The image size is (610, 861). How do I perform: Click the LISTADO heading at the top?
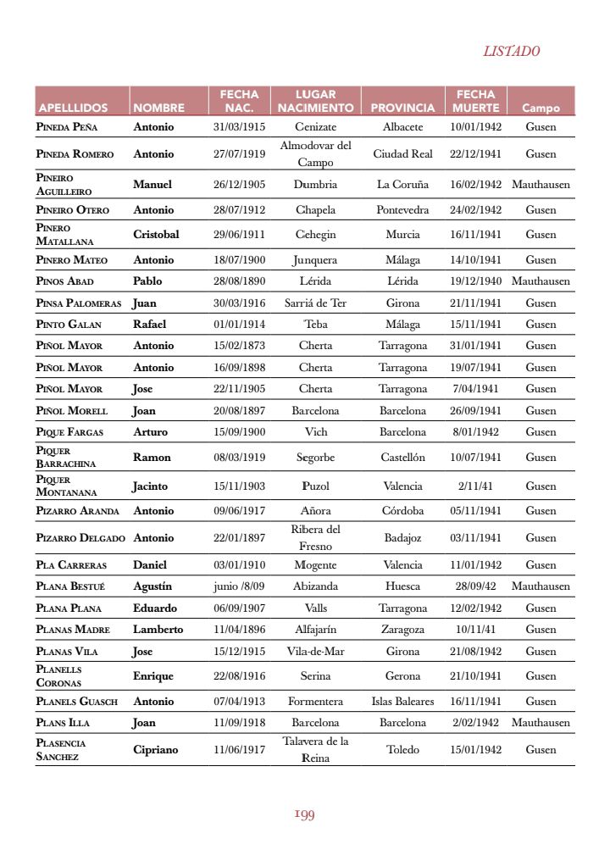tap(511, 52)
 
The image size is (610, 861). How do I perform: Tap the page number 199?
tap(305, 814)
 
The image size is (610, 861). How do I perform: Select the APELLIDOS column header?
tap(73, 108)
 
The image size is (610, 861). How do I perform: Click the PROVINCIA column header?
tap(402, 108)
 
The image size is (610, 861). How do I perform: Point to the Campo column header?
tap(541, 108)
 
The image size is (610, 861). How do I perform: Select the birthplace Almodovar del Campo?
tap(315, 153)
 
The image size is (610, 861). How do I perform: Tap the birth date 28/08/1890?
tap(239, 281)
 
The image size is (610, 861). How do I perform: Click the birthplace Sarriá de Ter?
tap(315, 303)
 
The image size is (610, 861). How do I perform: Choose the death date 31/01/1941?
tap(475, 346)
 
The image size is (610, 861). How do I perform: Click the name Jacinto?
tap(150, 486)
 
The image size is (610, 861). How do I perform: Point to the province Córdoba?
tap(402, 511)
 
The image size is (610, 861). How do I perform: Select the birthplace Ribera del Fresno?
tap(315, 537)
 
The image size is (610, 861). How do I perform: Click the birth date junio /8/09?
tap(239, 586)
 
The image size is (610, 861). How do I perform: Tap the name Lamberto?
tap(158, 630)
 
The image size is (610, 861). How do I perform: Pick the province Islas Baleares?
tap(402, 702)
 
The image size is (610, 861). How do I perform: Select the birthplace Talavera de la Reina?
tap(315, 749)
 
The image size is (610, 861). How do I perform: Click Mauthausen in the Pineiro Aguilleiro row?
tap(541, 184)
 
